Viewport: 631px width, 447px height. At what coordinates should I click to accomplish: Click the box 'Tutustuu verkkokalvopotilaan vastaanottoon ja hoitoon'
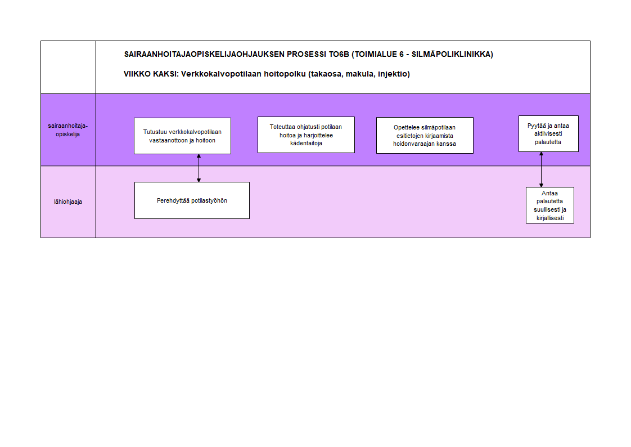click(x=182, y=136)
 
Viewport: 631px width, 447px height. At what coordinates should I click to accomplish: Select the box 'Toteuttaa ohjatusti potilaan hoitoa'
click(x=306, y=135)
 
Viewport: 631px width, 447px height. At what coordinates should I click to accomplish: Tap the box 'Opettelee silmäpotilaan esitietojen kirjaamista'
click(x=425, y=135)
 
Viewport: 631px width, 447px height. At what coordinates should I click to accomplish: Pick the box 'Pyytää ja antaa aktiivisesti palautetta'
click(x=548, y=133)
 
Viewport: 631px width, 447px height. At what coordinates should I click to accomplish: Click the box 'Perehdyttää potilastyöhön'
click(x=192, y=200)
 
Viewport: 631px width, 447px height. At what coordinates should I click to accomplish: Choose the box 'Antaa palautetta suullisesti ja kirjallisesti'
click(x=549, y=205)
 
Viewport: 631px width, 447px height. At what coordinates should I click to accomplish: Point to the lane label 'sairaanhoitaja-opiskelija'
click(x=67, y=130)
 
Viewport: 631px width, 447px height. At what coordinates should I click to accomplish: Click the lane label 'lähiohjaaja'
click(x=68, y=202)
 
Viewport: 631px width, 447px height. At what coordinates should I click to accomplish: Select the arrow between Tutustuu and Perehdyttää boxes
click(x=199, y=168)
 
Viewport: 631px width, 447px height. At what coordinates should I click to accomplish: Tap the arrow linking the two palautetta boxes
click(x=541, y=169)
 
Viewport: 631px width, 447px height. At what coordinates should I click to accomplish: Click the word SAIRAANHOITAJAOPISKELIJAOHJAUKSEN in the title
click(x=204, y=55)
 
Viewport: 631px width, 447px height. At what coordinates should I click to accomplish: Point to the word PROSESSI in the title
click(x=307, y=55)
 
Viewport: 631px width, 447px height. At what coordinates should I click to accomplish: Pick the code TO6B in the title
click(x=339, y=55)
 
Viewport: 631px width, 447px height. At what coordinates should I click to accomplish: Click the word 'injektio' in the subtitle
click(x=393, y=74)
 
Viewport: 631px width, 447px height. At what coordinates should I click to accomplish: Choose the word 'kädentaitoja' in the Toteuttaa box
click(x=307, y=144)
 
